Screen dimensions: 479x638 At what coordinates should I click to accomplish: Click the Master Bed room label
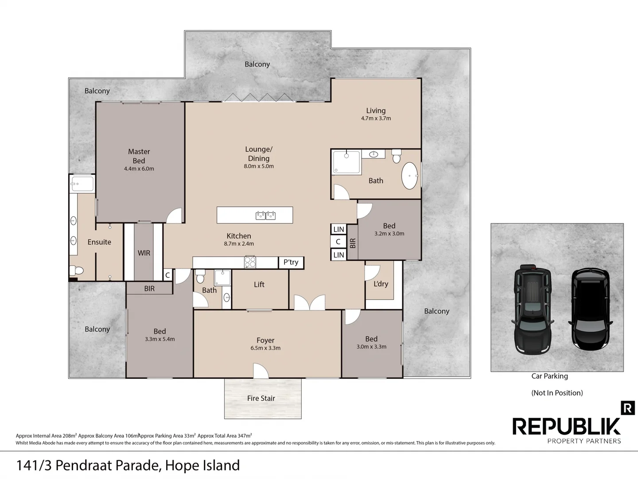(139, 156)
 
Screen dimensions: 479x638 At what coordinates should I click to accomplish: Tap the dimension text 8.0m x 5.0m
(259, 166)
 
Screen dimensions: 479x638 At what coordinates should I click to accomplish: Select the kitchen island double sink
(266, 216)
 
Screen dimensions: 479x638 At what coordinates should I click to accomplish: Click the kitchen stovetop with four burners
(250, 262)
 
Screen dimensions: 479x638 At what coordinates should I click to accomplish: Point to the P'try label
(291, 262)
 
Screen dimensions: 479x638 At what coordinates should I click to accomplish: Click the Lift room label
(259, 284)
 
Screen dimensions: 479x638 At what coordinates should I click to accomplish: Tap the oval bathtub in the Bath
(409, 176)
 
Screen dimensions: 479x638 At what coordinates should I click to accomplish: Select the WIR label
(144, 253)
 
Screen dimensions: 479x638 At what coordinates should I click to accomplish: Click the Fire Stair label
(261, 398)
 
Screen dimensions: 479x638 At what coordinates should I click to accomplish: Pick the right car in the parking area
(591, 309)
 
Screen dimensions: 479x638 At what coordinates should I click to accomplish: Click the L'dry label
(381, 283)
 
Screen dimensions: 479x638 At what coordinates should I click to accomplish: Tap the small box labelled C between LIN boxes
(338, 242)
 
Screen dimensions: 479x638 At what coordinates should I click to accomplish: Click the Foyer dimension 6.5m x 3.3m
(265, 348)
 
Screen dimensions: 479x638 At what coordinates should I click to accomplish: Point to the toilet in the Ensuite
(77, 270)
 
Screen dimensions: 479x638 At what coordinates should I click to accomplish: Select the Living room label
(376, 110)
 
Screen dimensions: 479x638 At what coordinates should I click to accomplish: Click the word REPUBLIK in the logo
(566, 426)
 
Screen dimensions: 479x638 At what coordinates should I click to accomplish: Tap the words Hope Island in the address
(202, 465)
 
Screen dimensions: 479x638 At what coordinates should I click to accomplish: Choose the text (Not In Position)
(557, 393)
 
